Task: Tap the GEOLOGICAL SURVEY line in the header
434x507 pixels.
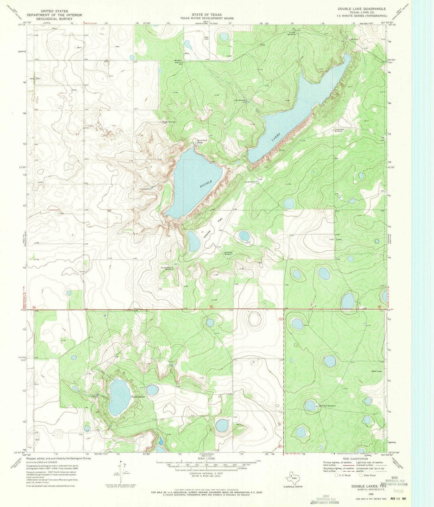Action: click(59, 18)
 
